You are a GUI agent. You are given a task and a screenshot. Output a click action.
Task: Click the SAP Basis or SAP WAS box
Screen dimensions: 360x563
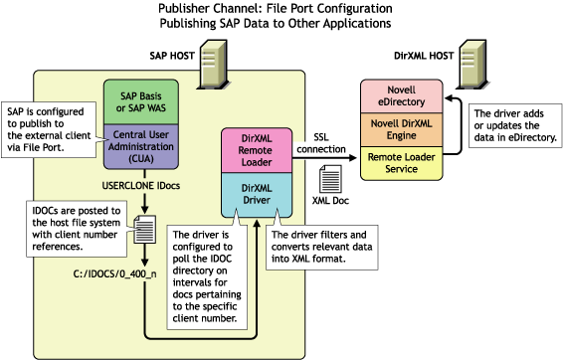pyautogui.click(x=146, y=99)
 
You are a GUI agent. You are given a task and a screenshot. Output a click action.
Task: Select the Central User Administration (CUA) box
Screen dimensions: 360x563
pyautogui.click(x=146, y=144)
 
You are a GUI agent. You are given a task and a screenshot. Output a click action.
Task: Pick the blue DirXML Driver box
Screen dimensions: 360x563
pyautogui.click(x=255, y=191)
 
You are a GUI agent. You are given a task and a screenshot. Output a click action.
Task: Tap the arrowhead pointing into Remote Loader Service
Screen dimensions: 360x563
pyautogui.click(x=354, y=157)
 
